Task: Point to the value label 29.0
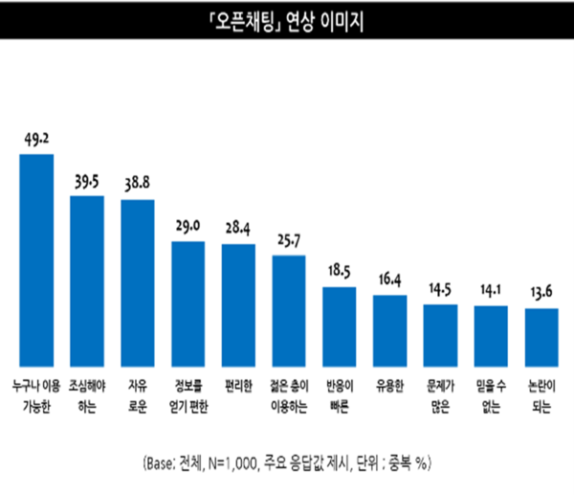tap(188, 227)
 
